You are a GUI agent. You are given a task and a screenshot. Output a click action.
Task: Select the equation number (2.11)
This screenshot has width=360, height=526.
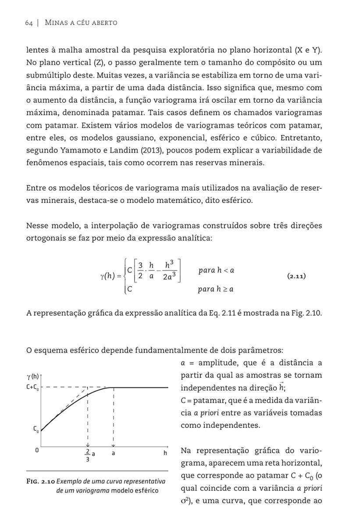(296, 277)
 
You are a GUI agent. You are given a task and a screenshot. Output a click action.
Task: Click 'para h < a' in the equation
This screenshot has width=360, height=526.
(216, 270)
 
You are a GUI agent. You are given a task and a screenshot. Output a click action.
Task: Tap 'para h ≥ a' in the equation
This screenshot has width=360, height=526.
(216, 289)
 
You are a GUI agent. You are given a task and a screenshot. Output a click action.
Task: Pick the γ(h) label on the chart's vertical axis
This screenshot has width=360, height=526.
(32, 376)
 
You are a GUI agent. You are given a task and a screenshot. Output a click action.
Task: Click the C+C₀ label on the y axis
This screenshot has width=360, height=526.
(33, 387)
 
